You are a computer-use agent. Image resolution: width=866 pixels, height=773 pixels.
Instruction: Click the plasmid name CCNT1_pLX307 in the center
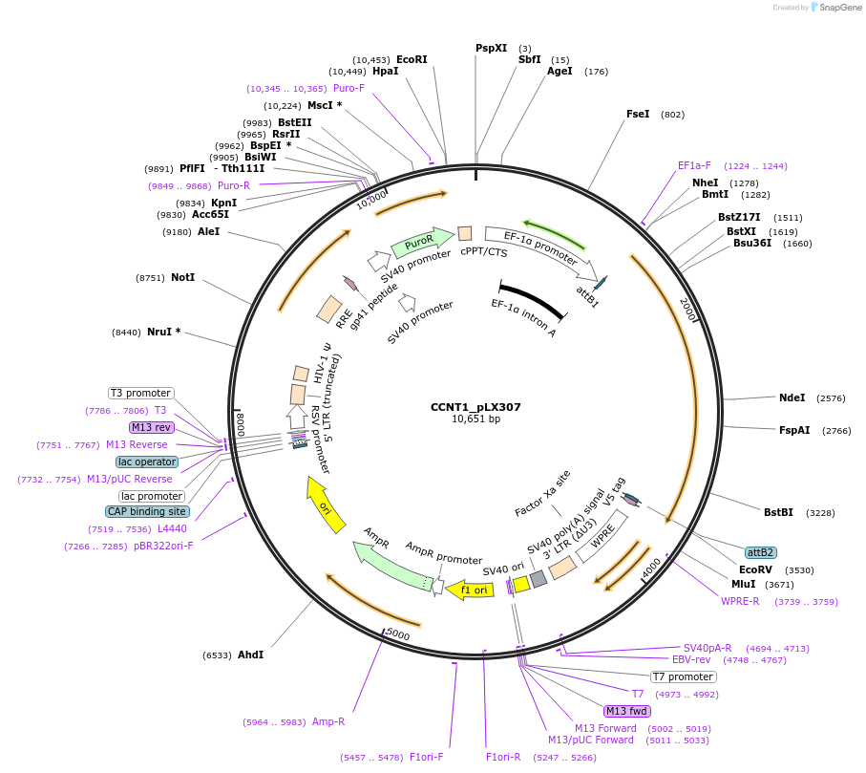475,407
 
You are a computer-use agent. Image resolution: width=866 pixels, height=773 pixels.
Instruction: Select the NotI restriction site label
182,277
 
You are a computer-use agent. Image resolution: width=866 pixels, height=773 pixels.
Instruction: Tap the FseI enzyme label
638,114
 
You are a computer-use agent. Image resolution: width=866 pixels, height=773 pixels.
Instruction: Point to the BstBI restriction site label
778,512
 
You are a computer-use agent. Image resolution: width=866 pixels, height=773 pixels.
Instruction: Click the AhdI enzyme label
251,655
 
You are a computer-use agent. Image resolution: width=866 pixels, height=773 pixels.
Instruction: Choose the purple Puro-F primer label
349,89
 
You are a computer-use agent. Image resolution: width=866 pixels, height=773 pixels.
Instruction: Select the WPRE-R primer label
740,601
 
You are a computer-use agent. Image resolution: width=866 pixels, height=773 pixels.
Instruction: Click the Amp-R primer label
328,721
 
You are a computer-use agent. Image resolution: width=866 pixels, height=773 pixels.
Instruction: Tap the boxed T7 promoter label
684,676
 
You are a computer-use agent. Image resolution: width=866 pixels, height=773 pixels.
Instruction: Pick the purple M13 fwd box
627,711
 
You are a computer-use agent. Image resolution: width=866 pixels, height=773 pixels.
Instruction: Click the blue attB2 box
760,552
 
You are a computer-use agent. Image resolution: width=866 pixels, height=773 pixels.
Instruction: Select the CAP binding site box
147,511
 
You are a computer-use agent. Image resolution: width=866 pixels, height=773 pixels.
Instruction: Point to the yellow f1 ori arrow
470,590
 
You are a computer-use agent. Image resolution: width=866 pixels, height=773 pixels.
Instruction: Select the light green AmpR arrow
391,566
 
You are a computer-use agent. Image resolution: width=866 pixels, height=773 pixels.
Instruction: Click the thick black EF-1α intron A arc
533,299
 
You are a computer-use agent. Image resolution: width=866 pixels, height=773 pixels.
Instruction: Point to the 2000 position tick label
687,309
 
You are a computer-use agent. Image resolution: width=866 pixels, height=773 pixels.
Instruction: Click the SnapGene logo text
839,8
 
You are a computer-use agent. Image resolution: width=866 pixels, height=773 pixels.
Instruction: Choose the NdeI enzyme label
792,397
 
